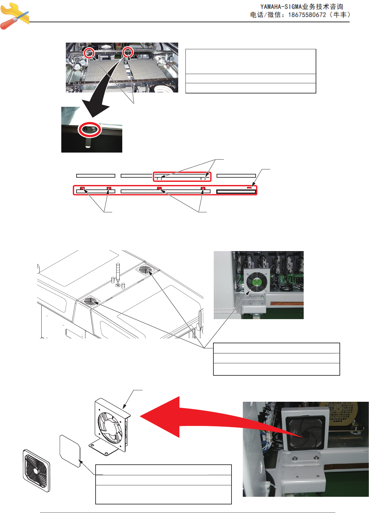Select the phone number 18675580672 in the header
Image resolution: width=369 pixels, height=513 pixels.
[x=307, y=15]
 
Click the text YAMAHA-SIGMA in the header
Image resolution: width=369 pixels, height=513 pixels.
[x=281, y=7]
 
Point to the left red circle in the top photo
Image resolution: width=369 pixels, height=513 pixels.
[x=89, y=53]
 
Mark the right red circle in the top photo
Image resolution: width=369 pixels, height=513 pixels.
[x=128, y=52]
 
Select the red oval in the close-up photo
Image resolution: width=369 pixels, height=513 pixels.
[x=90, y=129]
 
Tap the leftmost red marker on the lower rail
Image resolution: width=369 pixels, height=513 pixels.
[x=82, y=188]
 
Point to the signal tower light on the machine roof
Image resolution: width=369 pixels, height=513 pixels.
[x=118, y=275]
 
